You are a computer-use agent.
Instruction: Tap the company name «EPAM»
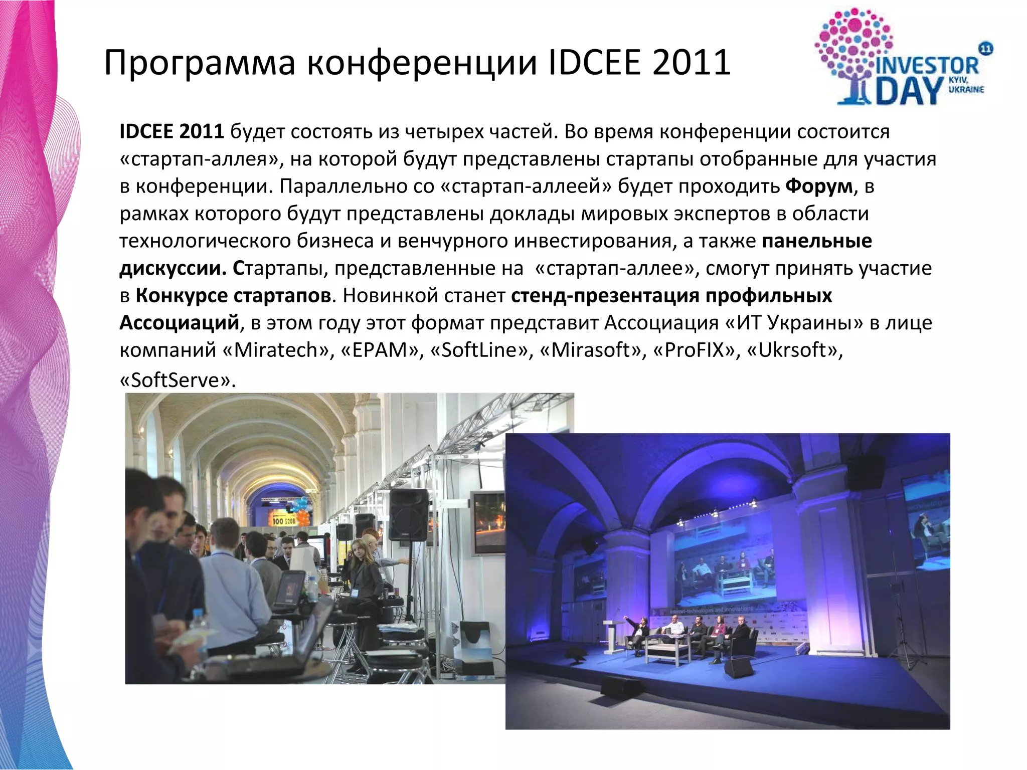[x=380, y=350]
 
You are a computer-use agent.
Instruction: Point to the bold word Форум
[x=819, y=186]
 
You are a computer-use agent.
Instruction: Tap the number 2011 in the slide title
[x=692, y=63]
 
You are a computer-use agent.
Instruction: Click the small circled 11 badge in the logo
[x=985, y=49]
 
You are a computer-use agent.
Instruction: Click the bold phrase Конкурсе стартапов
[x=233, y=295]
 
